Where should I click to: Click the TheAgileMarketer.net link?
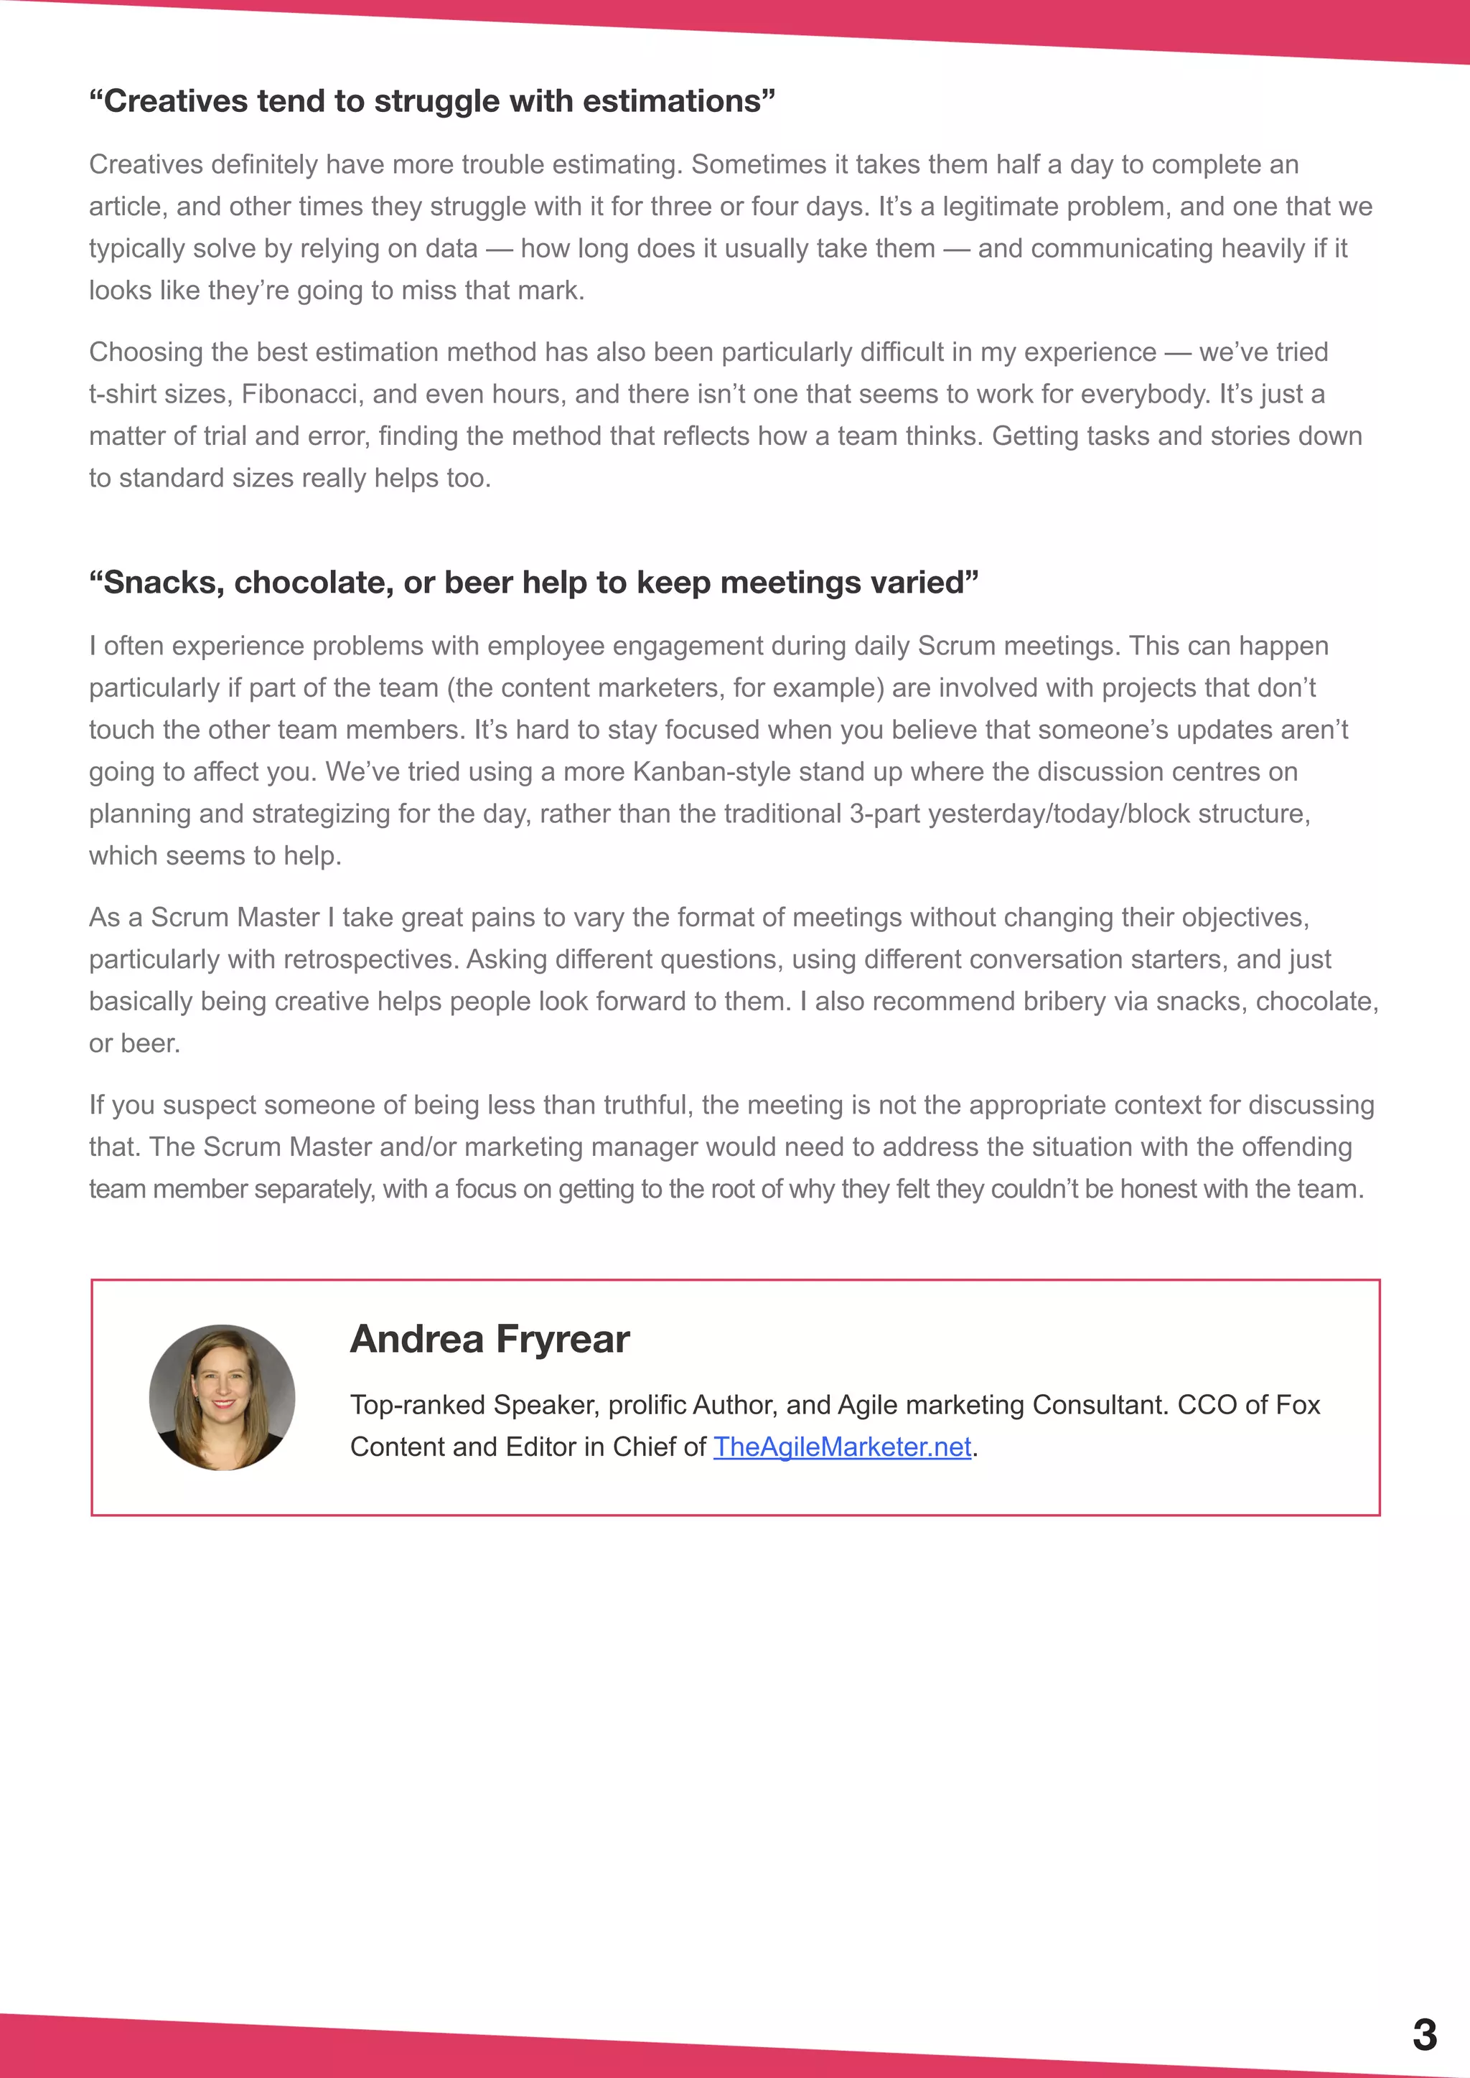coord(842,1447)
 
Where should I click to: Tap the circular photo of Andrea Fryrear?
coord(222,1397)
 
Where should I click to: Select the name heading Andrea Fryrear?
coord(490,1338)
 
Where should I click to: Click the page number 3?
coord(1424,2034)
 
